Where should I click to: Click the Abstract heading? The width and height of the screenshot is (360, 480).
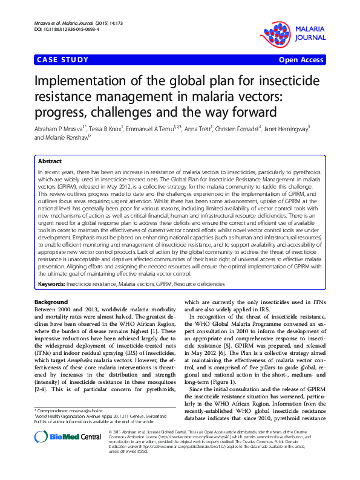[50, 162]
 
